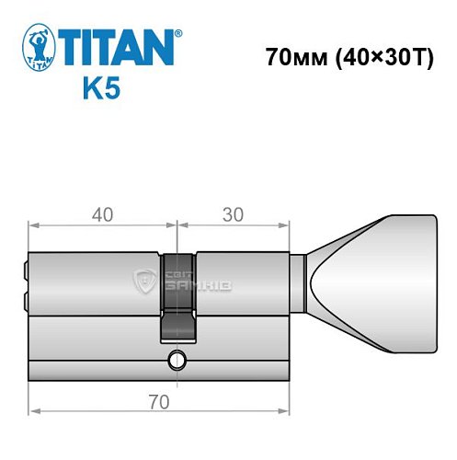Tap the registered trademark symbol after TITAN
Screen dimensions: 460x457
[x=178, y=34]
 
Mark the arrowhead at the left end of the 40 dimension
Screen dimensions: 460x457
[x=33, y=224]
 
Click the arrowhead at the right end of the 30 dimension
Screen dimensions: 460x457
[x=288, y=224]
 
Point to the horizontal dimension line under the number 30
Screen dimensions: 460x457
[x=234, y=224]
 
